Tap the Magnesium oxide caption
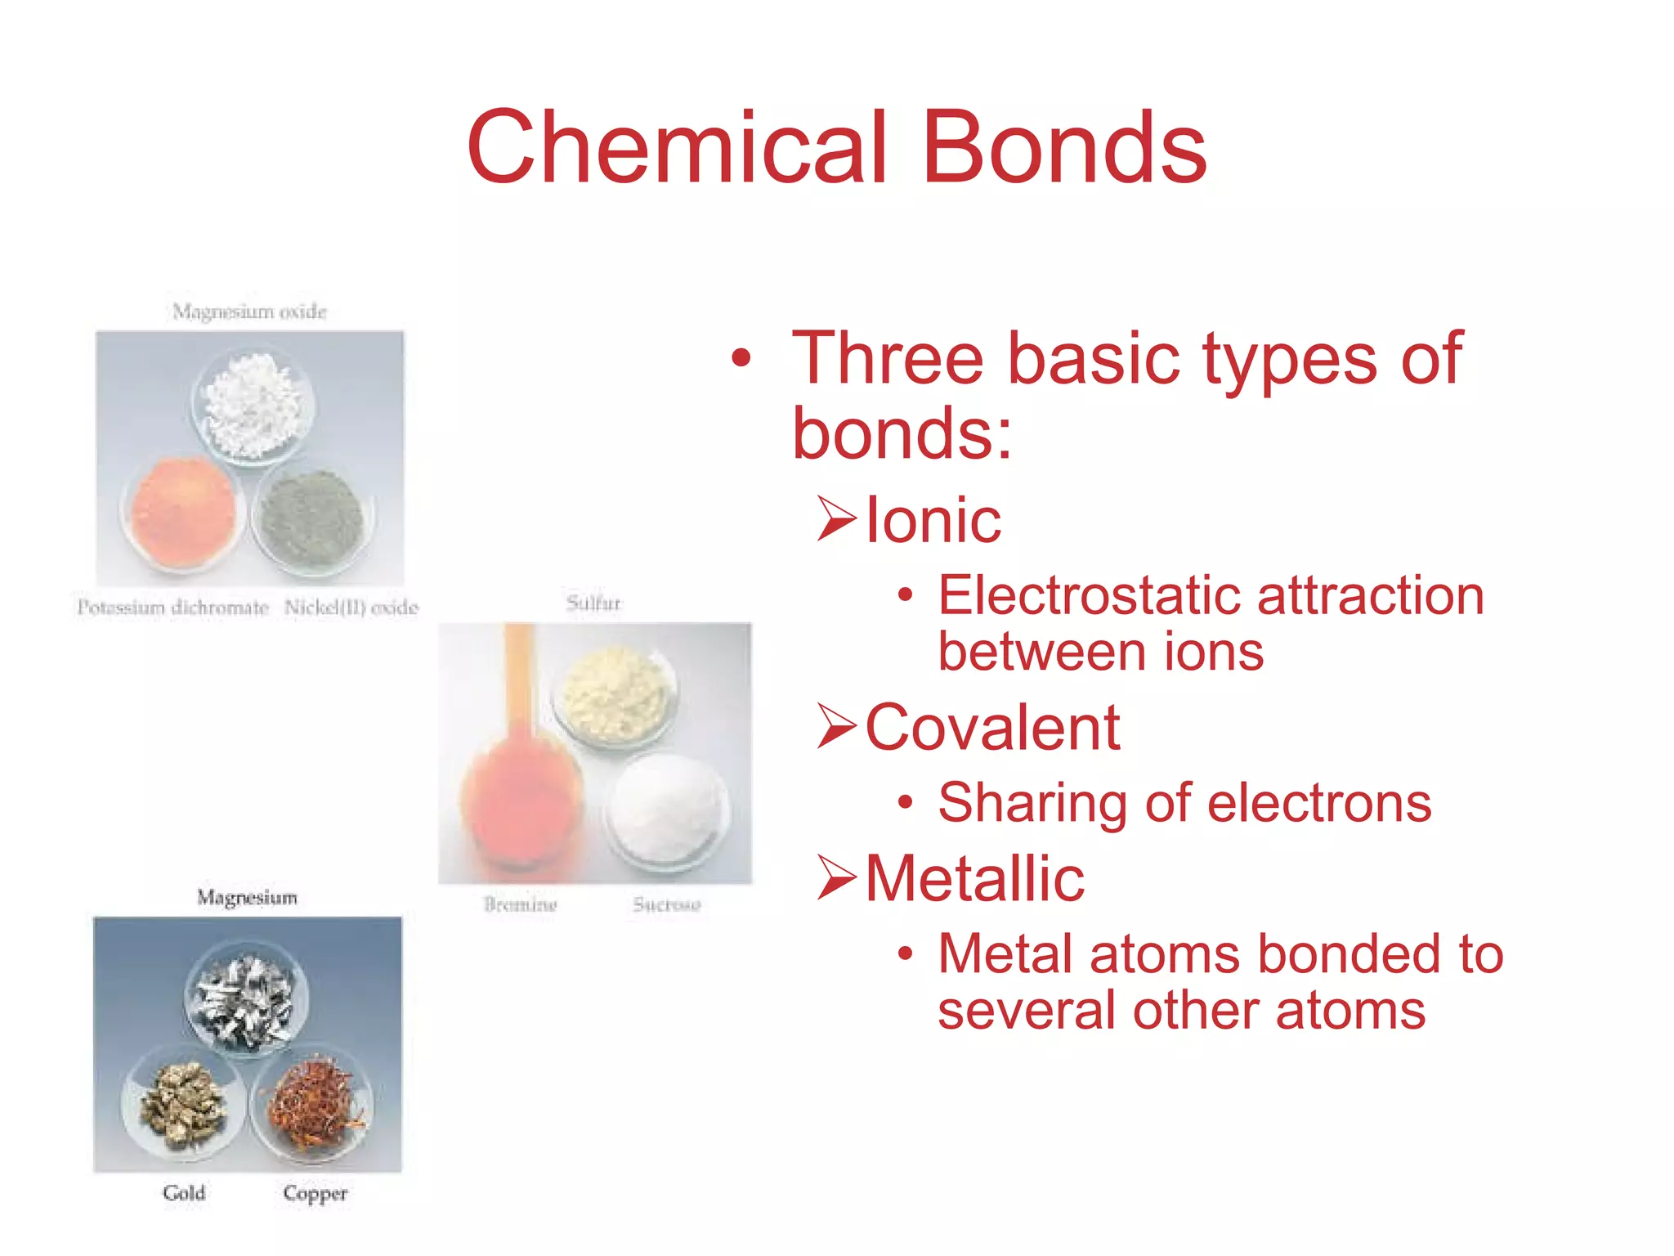[249, 312]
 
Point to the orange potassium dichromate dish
[183, 513]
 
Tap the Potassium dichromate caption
[173, 608]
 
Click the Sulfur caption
[593, 603]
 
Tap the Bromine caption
[520, 904]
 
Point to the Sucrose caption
[667, 904]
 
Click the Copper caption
[316, 1193]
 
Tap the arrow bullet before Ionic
[837, 519]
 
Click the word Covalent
[992, 727]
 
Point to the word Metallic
[974, 878]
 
